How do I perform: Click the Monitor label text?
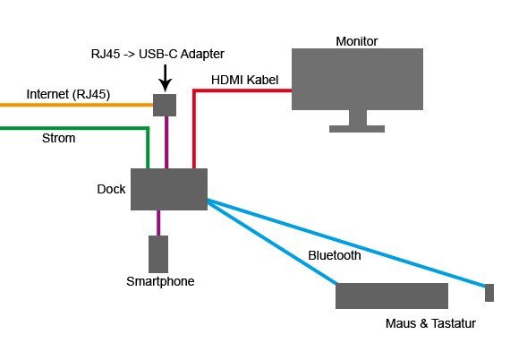coord(357,41)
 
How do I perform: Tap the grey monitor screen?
coord(357,79)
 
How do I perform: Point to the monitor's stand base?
coord(357,129)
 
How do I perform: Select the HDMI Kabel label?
coord(244,80)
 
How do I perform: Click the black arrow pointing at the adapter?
coord(165,78)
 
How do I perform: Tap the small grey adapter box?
coord(165,106)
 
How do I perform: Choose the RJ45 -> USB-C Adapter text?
coord(157,54)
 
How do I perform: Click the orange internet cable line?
coord(77,105)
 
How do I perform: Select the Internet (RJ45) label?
coord(68,94)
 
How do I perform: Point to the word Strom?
coord(58,138)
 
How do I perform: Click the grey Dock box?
coord(169,190)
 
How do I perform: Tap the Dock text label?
coord(111,189)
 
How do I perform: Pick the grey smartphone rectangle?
coord(158,254)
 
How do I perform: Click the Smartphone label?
coord(160,281)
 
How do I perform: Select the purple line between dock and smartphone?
coord(158,223)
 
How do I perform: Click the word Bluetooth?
coord(335,255)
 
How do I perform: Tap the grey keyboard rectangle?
coord(392,296)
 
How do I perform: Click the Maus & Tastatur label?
coord(430,323)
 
